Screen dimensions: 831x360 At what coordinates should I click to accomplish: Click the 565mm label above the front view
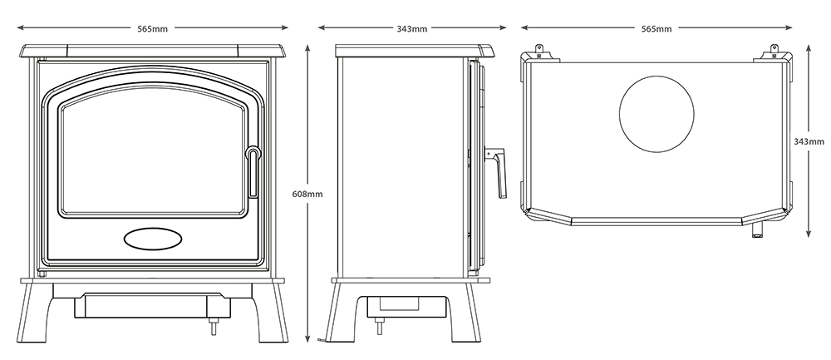pyautogui.click(x=153, y=28)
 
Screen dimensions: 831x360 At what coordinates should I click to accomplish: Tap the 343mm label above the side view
pyautogui.click(x=412, y=28)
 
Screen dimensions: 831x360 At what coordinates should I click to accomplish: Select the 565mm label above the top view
pyautogui.click(x=656, y=28)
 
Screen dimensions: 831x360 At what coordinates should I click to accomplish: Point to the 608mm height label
pyautogui.click(x=307, y=194)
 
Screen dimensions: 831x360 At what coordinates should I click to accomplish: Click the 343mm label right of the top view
pyautogui.click(x=809, y=141)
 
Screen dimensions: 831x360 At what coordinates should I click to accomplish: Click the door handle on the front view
pyautogui.click(x=253, y=172)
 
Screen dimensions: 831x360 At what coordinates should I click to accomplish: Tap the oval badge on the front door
pyautogui.click(x=153, y=239)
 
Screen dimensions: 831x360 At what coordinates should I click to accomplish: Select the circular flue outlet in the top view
pyautogui.click(x=656, y=115)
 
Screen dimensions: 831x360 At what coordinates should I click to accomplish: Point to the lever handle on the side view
pyautogui.click(x=499, y=172)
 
